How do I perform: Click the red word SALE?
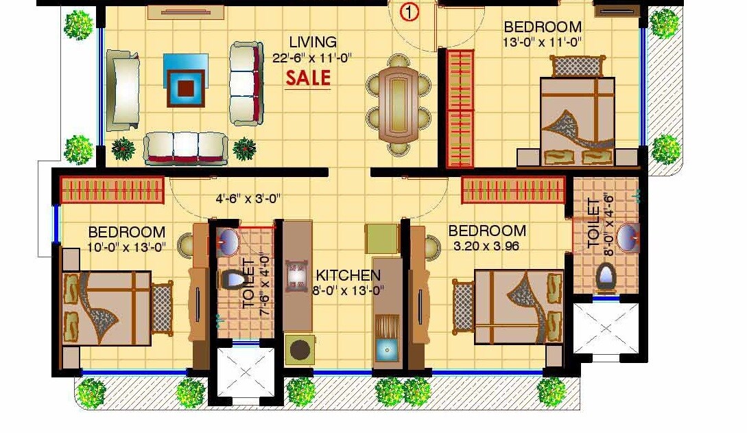(x=308, y=78)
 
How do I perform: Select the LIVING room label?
(x=312, y=43)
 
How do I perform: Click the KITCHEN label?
(x=348, y=275)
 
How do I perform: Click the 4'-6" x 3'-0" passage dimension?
(x=248, y=200)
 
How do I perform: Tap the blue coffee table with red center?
(x=185, y=80)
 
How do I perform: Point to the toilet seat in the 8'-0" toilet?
(x=604, y=277)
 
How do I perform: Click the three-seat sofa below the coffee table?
(x=185, y=148)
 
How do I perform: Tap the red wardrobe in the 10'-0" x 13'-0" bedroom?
(x=112, y=189)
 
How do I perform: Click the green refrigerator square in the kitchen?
(x=381, y=237)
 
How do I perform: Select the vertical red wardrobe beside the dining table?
(x=460, y=108)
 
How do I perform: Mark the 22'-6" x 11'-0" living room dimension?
(x=312, y=58)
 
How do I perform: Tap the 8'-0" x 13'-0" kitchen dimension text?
(x=348, y=290)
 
